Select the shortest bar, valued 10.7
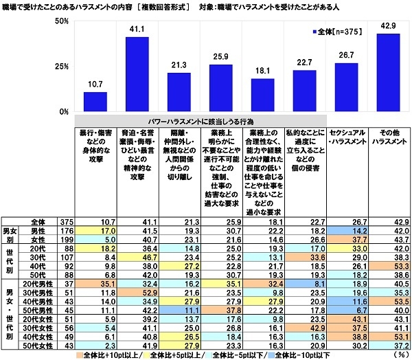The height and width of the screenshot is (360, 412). coord(95,101)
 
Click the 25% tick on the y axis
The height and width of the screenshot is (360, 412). coord(61,66)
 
